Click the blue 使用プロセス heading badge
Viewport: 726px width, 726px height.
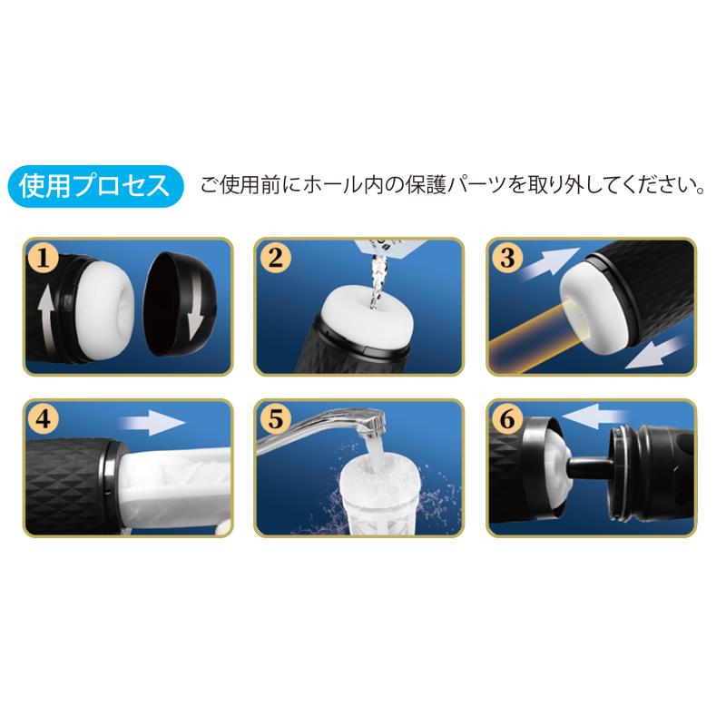coord(96,186)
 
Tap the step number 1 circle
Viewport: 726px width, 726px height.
coord(43,258)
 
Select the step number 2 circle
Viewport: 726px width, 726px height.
coord(275,258)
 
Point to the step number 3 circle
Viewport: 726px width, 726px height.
coord(507,258)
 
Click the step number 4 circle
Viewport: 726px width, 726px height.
coord(43,419)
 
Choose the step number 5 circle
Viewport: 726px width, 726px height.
coord(275,419)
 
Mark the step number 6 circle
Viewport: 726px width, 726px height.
coord(507,419)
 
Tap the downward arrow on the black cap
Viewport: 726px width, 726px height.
coord(196,306)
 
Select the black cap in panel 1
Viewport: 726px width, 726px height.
coord(180,304)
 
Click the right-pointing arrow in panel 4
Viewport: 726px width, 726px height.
coord(152,423)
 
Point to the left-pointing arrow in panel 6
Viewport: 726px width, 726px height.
coord(595,417)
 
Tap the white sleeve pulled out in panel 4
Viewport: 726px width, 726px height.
coord(176,486)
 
